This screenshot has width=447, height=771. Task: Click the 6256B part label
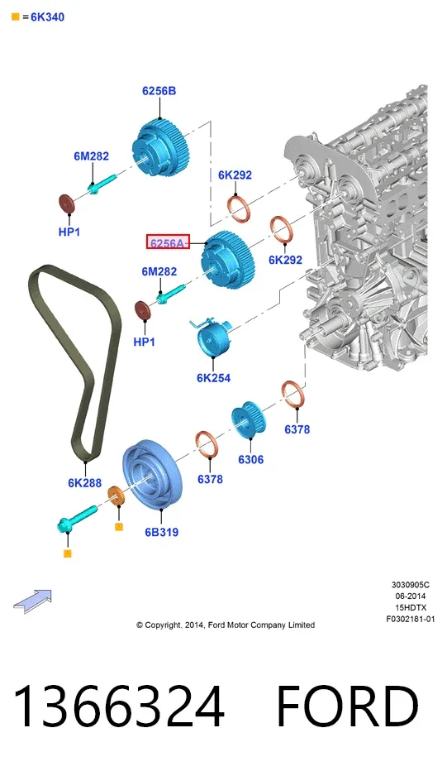point(159,91)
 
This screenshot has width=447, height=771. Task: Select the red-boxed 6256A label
point(168,242)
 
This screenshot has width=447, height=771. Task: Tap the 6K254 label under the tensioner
point(213,377)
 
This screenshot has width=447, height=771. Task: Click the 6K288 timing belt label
point(84,483)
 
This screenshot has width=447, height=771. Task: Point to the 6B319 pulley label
point(162,532)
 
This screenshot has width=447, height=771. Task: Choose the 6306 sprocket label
point(250,459)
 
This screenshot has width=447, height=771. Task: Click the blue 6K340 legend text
point(47,17)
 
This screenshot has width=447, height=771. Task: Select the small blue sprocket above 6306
point(249,419)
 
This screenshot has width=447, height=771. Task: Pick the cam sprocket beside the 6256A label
point(227,261)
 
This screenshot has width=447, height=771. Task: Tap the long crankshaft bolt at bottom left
point(77,518)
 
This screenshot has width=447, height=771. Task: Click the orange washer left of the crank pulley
point(117,496)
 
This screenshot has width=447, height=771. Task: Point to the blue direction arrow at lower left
point(32,601)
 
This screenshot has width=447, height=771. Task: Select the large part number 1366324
point(119,706)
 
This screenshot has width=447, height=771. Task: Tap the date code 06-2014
point(410,596)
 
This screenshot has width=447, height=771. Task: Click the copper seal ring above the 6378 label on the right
point(294,395)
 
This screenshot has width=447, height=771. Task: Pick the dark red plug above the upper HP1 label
point(66,204)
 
